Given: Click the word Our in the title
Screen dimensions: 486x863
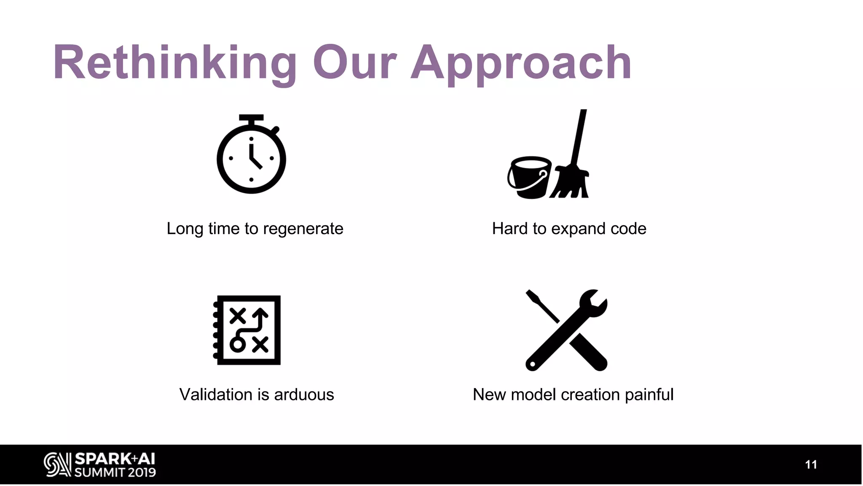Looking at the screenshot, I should pyautogui.click(x=354, y=63).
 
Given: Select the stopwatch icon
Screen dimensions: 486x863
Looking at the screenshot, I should pyautogui.click(x=251, y=158).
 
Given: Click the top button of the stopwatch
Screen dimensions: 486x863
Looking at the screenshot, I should pyautogui.click(x=251, y=118).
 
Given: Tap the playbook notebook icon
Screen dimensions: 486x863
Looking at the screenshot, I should pyautogui.click(x=248, y=330).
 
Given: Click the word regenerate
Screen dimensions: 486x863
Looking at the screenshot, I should pyautogui.click(x=303, y=229).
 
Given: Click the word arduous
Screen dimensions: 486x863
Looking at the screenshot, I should pyautogui.click(x=304, y=395).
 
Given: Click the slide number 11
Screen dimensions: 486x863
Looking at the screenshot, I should pyautogui.click(x=811, y=464).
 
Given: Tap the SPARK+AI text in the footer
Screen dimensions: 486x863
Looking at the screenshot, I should pyautogui.click(x=115, y=459).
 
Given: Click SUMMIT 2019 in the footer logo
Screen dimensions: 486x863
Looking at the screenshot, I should pyautogui.click(x=115, y=472).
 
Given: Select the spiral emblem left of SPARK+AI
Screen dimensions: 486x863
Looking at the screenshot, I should pyautogui.click(x=57, y=465).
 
